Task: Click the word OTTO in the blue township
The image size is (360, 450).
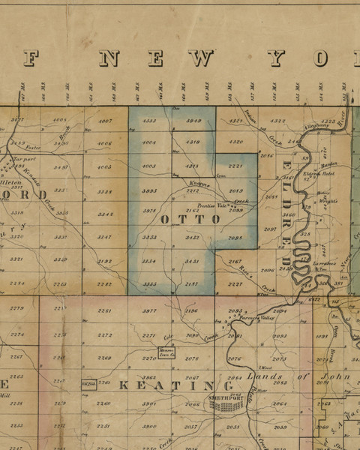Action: [x=190, y=220]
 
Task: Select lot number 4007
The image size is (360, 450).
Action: [x=106, y=121]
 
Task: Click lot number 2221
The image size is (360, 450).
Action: [x=235, y=166]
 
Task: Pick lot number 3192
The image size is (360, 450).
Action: [x=105, y=261]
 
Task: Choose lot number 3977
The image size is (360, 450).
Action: [x=150, y=310]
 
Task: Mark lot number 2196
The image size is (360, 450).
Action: [x=192, y=310]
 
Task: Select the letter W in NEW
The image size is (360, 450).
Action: [x=202, y=58]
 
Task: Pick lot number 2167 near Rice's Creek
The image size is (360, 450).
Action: [x=235, y=261]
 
